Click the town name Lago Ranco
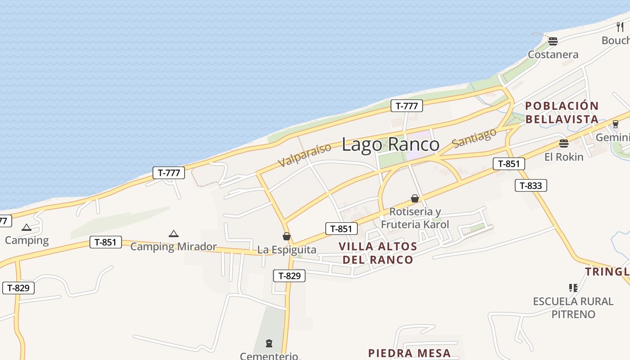[390, 144]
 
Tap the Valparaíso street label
[304, 154]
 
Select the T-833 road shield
[531, 185]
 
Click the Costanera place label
[553, 54]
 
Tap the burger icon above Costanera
[553, 41]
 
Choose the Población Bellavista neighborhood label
[562, 112]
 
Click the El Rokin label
[563, 157]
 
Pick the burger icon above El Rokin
[563, 144]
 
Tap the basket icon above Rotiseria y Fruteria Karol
[415, 198]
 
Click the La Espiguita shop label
[287, 250]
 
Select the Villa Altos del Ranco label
[378, 253]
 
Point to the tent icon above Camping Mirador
[174, 234]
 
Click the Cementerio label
[269, 356]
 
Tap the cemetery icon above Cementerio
[269, 343]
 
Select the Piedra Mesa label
[409, 353]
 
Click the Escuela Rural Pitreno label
[573, 308]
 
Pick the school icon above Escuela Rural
[573, 288]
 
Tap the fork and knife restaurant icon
[620, 27]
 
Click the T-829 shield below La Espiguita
[289, 276]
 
